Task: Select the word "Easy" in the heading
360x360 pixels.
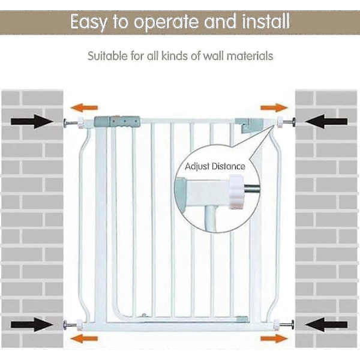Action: (89, 23)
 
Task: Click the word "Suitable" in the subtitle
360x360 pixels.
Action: (107, 56)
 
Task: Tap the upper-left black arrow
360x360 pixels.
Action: (32, 122)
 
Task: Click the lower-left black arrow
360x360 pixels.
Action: (32, 326)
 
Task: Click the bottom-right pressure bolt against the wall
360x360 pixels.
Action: (289, 326)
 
